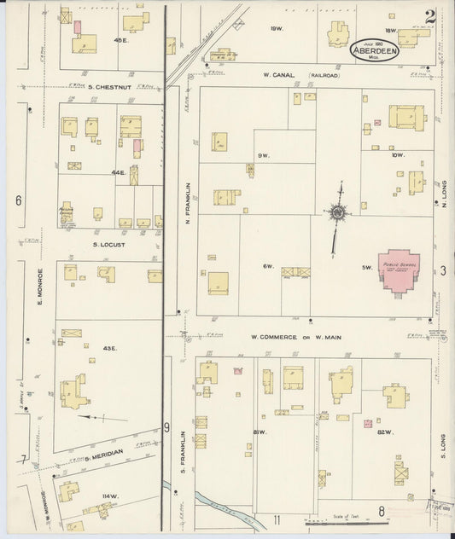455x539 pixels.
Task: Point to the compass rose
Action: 338,212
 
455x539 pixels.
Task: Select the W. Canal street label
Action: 279,75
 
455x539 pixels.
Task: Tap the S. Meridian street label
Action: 103,452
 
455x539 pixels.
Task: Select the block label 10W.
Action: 397,154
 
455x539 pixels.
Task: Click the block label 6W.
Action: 267,267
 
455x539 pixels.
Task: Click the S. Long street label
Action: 444,443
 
